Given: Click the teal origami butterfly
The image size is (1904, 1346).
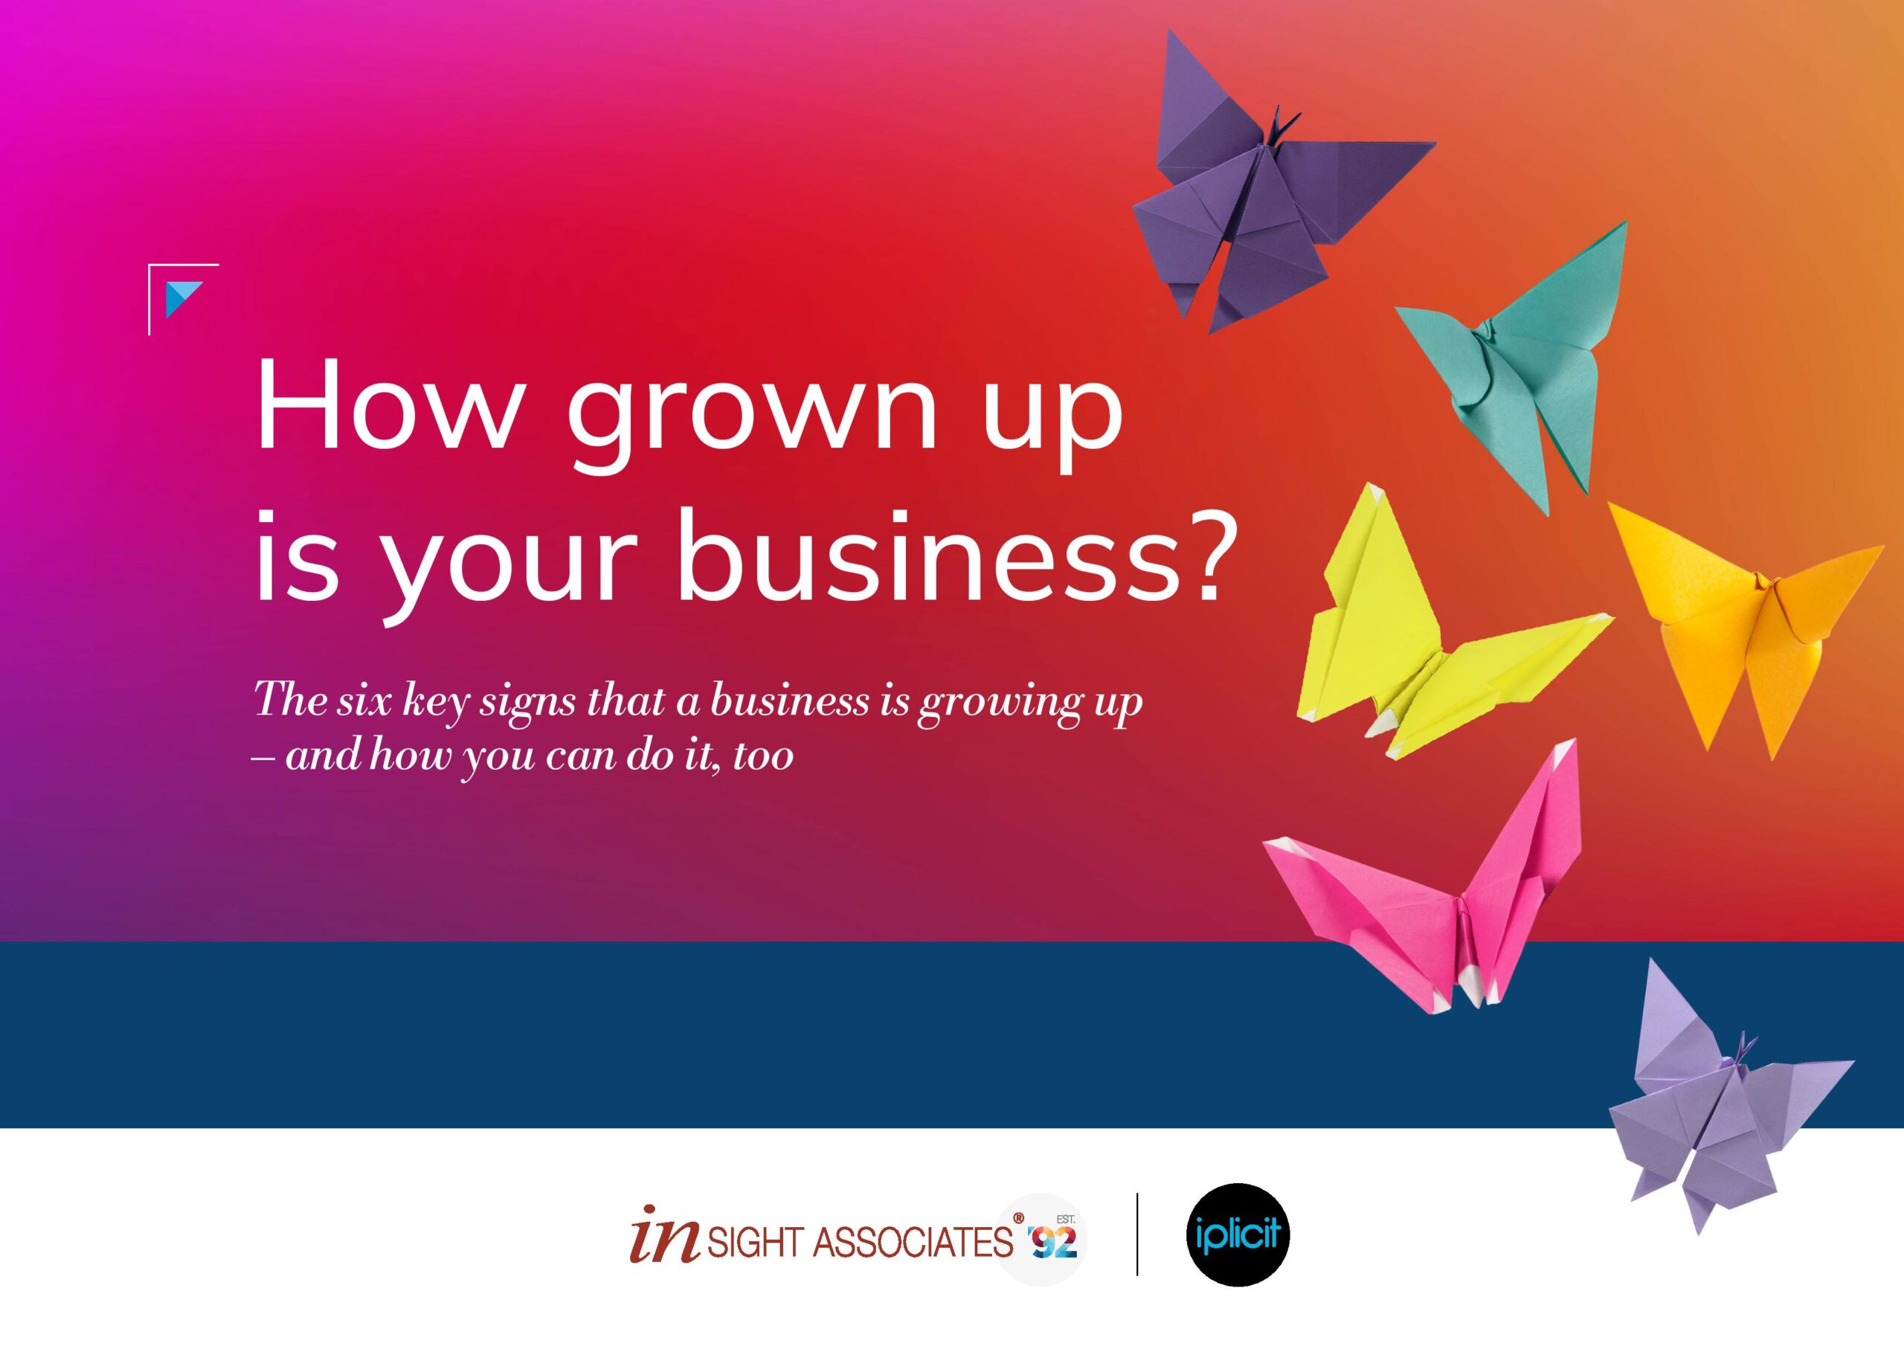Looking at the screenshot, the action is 1517,365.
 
